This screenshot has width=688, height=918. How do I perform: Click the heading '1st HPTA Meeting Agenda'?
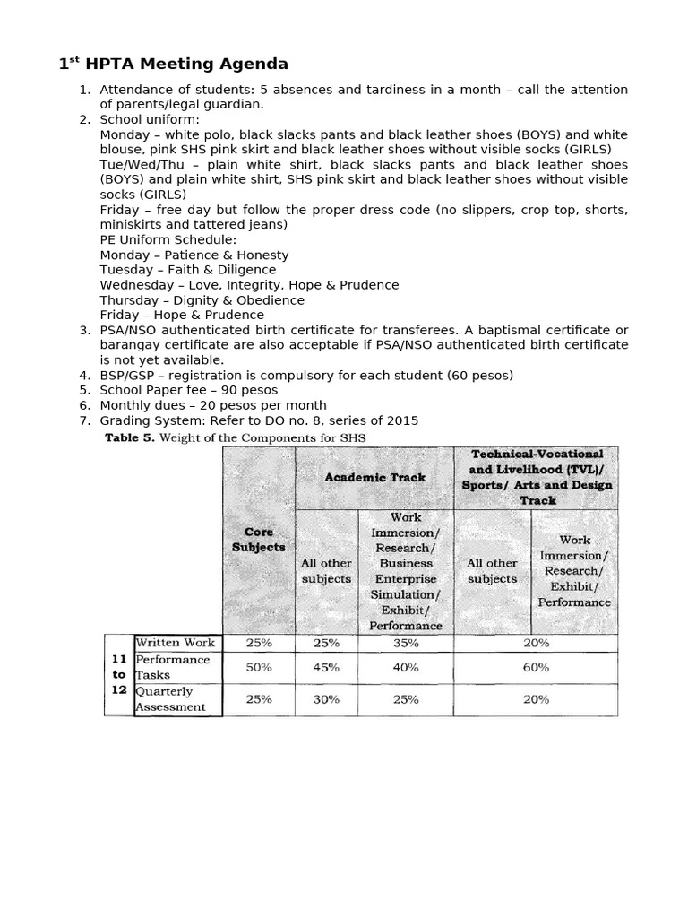(174, 64)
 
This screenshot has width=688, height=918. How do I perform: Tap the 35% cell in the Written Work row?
(406, 643)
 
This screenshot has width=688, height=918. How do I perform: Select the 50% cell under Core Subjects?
(258, 667)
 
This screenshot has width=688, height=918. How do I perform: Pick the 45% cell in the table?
(326, 667)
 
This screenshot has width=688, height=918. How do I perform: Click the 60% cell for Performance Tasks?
(536, 667)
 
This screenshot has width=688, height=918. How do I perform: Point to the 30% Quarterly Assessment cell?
(326, 699)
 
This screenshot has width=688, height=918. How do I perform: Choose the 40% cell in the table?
(406, 667)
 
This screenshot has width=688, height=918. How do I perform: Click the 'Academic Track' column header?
(374, 477)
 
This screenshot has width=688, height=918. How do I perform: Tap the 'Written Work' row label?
(176, 643)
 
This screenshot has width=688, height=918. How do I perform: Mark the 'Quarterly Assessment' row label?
(170, 699)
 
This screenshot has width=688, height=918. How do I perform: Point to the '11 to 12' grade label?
(118, 674)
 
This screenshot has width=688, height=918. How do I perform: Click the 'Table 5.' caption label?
(130, 437)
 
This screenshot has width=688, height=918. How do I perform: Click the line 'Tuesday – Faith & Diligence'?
(188, 269)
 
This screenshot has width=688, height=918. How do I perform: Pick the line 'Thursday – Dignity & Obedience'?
(202, 299)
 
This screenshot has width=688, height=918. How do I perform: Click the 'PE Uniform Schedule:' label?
(168, 239)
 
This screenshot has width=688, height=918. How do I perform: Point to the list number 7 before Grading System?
(85, 420)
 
